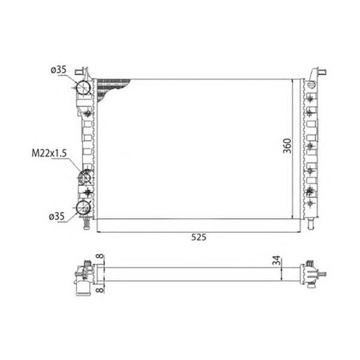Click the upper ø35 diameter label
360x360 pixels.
coord(59,70)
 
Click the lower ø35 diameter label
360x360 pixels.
coord(57,216)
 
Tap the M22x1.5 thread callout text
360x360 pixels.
coord(49,153)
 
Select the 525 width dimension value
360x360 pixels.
coord(199,237)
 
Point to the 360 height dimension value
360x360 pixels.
coord(287,146)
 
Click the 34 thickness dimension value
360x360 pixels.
coord(277,260)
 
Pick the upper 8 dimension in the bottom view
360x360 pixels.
coord(100,257)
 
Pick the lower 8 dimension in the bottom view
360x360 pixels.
coord(100,290)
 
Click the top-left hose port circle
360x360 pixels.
coord(83,88)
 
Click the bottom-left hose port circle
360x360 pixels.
coord(83,208)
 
